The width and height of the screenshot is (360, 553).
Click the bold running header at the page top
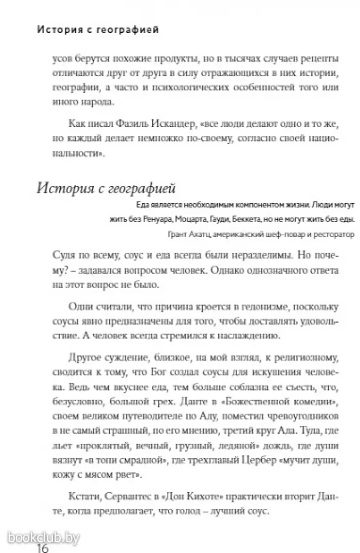click(98, 30)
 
